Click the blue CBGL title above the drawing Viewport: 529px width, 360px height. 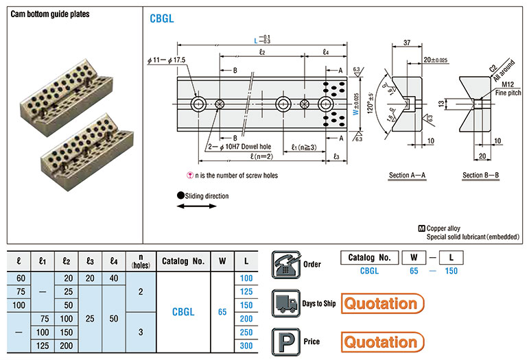click(x=161, y=19)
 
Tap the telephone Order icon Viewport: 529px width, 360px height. click(x=283, y=264)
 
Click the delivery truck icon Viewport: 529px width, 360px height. click(x=283, y=302)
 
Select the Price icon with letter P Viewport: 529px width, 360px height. click(x=283, y=341)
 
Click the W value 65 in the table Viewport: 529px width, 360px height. click(x=222, y=312)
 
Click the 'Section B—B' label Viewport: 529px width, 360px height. click(x=481, y=176)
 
